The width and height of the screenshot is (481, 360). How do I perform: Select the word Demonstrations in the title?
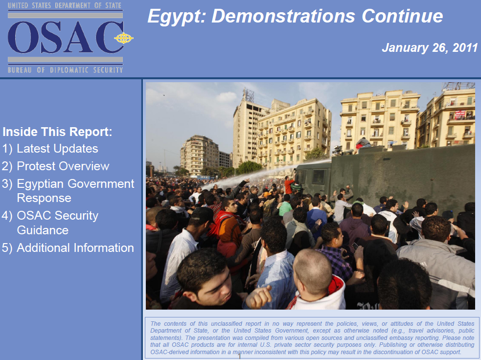(284, 17)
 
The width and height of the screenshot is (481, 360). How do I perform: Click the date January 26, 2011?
(429, 48)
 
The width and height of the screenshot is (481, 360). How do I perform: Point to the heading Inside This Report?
(58, 132)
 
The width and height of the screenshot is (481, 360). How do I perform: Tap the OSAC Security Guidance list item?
(57, 223)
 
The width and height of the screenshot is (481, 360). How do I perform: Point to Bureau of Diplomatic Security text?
(65, 70)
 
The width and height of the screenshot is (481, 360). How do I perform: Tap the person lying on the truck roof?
(364, 143)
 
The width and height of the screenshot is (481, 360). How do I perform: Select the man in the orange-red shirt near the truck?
(289, 185)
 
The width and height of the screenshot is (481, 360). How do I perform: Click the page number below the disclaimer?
(240, 357)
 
